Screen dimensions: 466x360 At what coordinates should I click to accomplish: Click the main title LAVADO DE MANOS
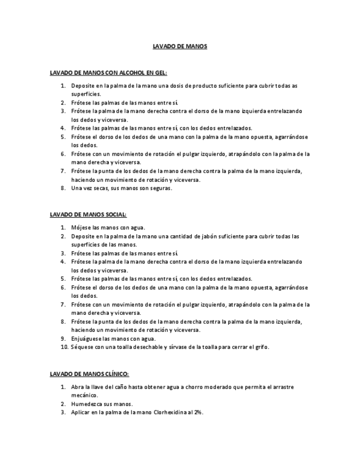pyautogui.click(x=180, y=46)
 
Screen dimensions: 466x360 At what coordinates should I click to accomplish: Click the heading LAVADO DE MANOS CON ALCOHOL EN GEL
pyautogui.click(x=108, y=73)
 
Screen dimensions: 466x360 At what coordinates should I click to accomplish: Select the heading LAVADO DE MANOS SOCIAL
pyautogui.click(x=88, y=214)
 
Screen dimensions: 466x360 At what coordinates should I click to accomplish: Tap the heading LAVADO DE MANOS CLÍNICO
pyautogui.click(x=89, y=374)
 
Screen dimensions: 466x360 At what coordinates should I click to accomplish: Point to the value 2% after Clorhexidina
pyautogui.click(x=198, y=412)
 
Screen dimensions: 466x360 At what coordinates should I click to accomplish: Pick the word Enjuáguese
pyautogui.click(x=87, y=339)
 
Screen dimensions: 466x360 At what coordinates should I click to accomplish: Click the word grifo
pyautogui.click(x=262, y=347)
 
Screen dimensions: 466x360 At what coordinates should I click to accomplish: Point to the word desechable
pyautogui.click(x=147, y=347)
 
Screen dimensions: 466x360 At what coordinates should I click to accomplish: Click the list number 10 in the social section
pyautogui.click(x=64, y=347)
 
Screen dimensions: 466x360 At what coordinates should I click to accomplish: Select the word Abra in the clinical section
pyautogui.click(x=77, y=387)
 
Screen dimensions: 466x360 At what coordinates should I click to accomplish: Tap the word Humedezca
pyautogui.click(x=88, y=404)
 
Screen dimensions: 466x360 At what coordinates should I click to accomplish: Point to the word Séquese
pyautogui.click(x=82, y=347)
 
